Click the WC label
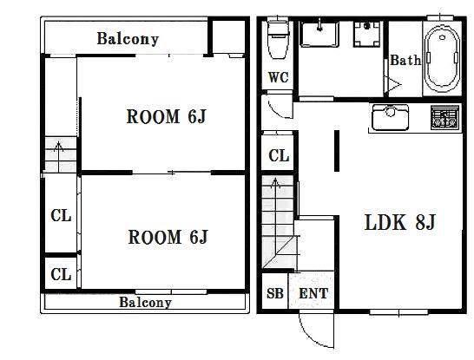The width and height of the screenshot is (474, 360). click(279, 77)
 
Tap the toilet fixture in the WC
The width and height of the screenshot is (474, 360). click(279, 39)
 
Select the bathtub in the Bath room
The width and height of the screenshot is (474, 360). click(442, 60)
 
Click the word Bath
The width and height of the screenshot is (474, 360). click(405, 60)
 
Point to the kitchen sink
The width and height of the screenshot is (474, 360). click(390, 117)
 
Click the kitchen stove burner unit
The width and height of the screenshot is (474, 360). click(444, 117)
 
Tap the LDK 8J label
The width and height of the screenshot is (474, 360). click(399, 223)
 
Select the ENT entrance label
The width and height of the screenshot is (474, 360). click(313, 293)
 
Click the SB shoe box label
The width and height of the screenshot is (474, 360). click(275, 293)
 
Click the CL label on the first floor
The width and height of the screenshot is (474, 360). click(279, 156)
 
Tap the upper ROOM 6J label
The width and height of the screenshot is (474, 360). click(167, 116)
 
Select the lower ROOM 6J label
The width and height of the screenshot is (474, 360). click(168, 237)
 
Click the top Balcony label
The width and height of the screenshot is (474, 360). click(128, 39)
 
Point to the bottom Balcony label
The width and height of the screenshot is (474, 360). click(145, 302)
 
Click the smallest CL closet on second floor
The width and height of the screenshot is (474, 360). click(61, 274)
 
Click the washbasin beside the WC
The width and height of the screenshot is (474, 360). click(319, 34)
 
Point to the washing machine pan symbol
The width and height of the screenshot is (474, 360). click(367, 34)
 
